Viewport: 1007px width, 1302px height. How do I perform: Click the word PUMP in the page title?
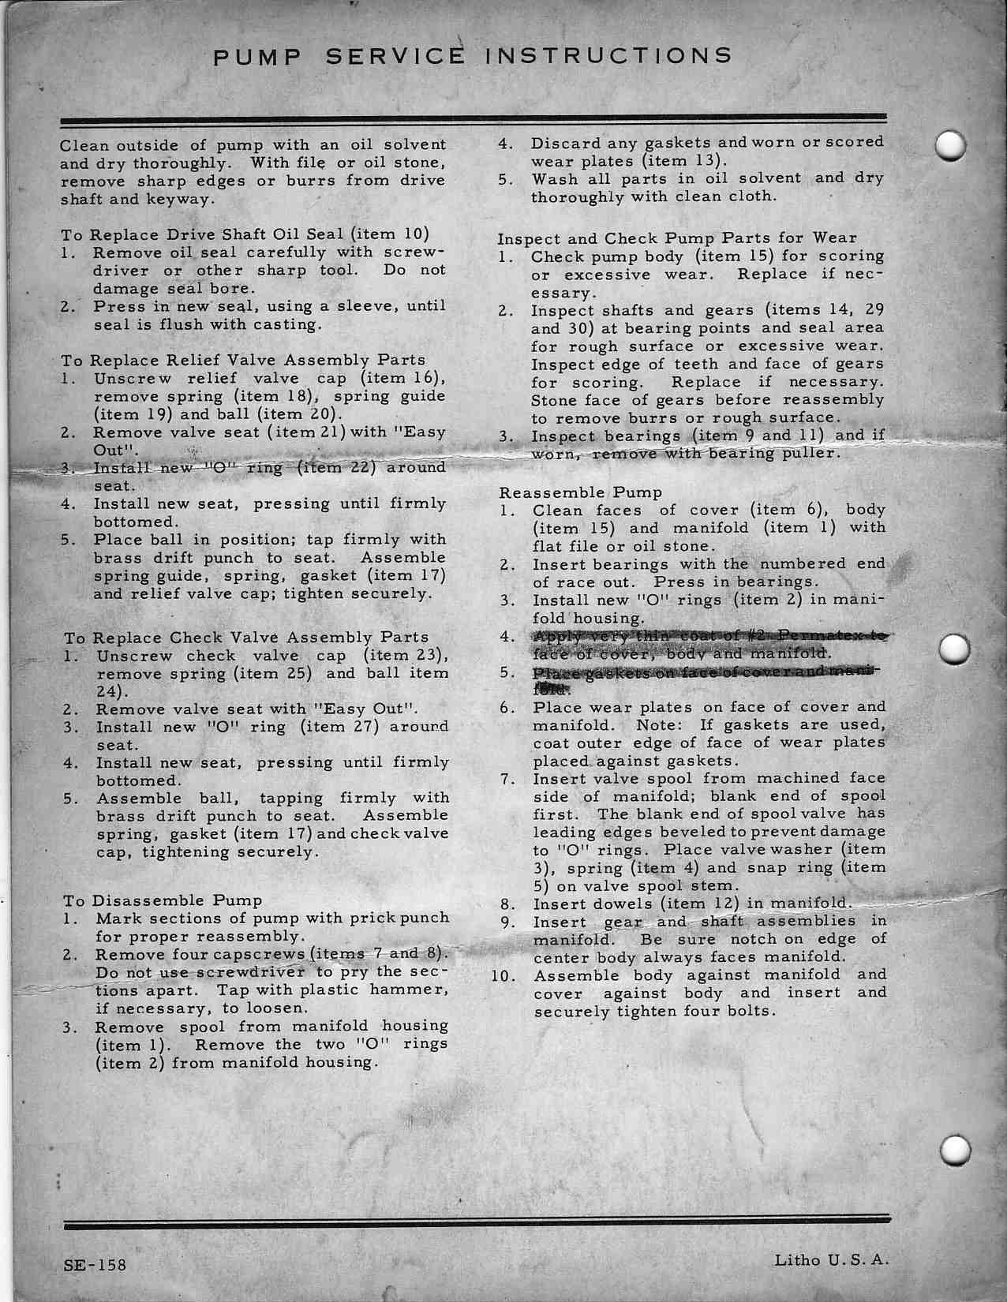[256, 56]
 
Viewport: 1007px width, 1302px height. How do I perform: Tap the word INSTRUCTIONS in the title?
[608, 55]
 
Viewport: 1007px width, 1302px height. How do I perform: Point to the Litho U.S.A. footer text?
[832, 1259]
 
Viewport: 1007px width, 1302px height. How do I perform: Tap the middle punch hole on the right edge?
[955, 649]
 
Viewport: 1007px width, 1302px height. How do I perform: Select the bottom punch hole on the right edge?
[956, 1150]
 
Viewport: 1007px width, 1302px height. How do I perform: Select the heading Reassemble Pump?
[581, 492]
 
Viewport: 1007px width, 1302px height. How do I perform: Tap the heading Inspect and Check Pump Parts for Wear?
[676, 238]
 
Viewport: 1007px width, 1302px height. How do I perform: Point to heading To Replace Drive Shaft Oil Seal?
[245, 234]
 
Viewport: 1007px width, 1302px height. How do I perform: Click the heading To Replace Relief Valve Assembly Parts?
[243, 361]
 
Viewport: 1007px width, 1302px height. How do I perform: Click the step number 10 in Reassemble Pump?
[501, 975]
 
